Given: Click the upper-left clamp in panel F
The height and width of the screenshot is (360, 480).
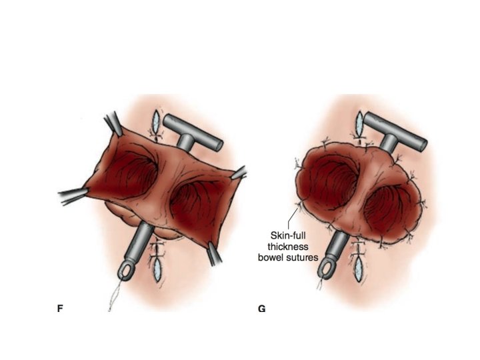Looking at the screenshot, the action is pos(111,124).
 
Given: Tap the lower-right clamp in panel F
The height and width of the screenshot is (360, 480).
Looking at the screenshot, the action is pos(215,253).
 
